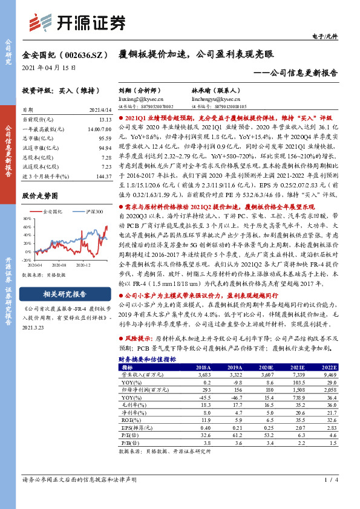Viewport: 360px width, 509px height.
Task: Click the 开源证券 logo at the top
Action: click(79, 22)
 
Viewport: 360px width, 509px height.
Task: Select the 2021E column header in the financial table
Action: click(298, 367)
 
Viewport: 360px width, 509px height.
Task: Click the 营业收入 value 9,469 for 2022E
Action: click(329, 375)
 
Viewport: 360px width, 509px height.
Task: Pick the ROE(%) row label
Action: click(129, 420)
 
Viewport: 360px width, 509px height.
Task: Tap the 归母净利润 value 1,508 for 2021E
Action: click(296, 390)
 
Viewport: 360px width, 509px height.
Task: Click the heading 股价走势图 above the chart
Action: click(40, 196)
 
